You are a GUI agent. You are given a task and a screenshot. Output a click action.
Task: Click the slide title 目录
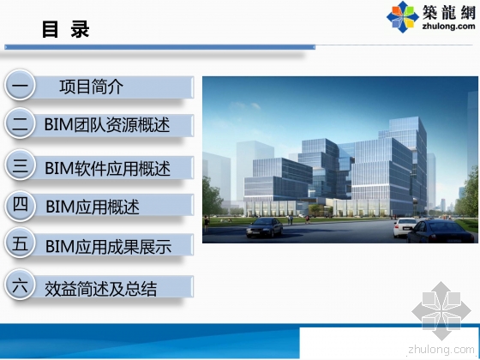[x=65, y=30]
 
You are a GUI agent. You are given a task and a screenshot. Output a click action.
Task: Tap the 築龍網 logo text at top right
[x=445, y=11]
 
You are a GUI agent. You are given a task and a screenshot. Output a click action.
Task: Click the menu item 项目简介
[x=92, y=87]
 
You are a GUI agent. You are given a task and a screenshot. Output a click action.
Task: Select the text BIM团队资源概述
[x=107, y=125]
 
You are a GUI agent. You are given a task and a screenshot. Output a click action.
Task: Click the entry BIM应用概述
[x=92, y=207]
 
